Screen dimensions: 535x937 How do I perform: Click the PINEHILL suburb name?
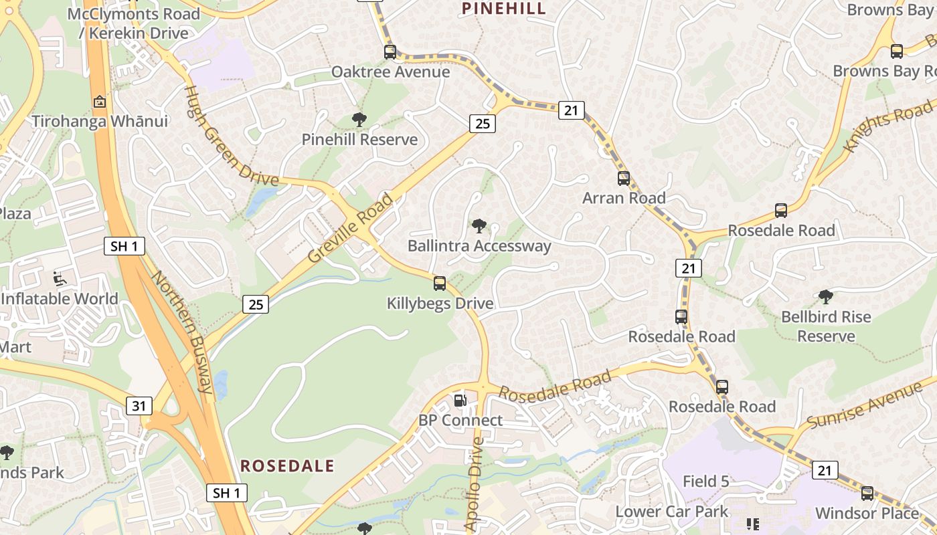tap(504, 8)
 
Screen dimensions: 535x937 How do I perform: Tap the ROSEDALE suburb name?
tap(287, 466)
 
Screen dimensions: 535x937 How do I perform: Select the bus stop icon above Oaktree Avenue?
tap(390, 52)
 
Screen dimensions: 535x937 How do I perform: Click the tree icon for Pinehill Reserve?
tap(359, 120)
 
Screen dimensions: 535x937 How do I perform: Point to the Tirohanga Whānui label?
tap(100, 121)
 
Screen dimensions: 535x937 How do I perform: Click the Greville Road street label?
tap(351, 227)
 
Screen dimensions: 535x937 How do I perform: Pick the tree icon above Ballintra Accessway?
tap(479, 226)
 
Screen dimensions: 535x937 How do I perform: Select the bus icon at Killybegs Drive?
tap(440, 284)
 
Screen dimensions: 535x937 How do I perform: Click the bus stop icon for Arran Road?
tap(624, 179)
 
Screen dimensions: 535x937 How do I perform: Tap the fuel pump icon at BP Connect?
tap(460, 401)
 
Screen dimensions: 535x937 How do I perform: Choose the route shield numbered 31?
tap(139, 405)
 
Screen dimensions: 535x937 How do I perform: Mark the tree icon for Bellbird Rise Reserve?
tap(826, 297)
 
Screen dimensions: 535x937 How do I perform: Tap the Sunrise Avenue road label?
tap(864, 405)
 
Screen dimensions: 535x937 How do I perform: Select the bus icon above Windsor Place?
tap(867, 494)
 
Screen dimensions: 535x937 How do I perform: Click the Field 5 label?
tap(705, 481)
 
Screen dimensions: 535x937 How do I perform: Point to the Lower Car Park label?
tap(672, 512)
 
